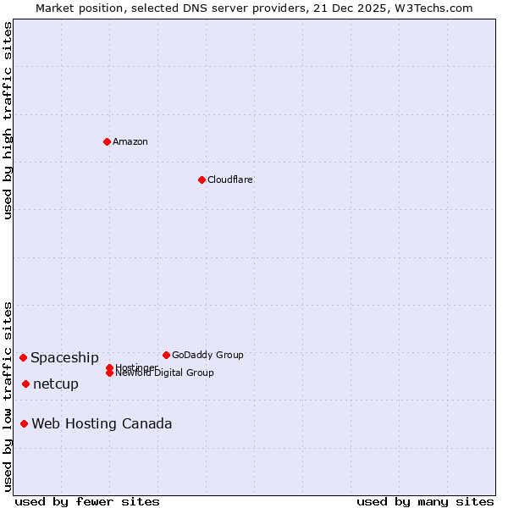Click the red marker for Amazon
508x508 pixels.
pos(107,141)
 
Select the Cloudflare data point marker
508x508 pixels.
pos(202,179)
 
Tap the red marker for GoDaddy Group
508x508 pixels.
pos(166,355)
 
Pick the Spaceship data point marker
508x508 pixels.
pos(23,357)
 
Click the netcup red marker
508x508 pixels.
pos(25,384)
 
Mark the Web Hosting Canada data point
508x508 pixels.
pos(24,423)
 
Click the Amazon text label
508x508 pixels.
pos(130,141)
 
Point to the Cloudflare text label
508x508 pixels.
pos(229,179)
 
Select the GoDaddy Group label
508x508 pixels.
pos(207,355)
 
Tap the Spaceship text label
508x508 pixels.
pos(64,358)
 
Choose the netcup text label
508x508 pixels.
pos(56,384)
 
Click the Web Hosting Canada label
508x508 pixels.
pos(102,424)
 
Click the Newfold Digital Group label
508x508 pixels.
pos(164,373)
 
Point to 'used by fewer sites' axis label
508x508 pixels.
pos(87,502)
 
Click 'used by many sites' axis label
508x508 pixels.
pos(425,502)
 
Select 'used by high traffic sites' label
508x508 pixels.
pos(8,120)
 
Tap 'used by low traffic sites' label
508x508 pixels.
pos(8,395)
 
